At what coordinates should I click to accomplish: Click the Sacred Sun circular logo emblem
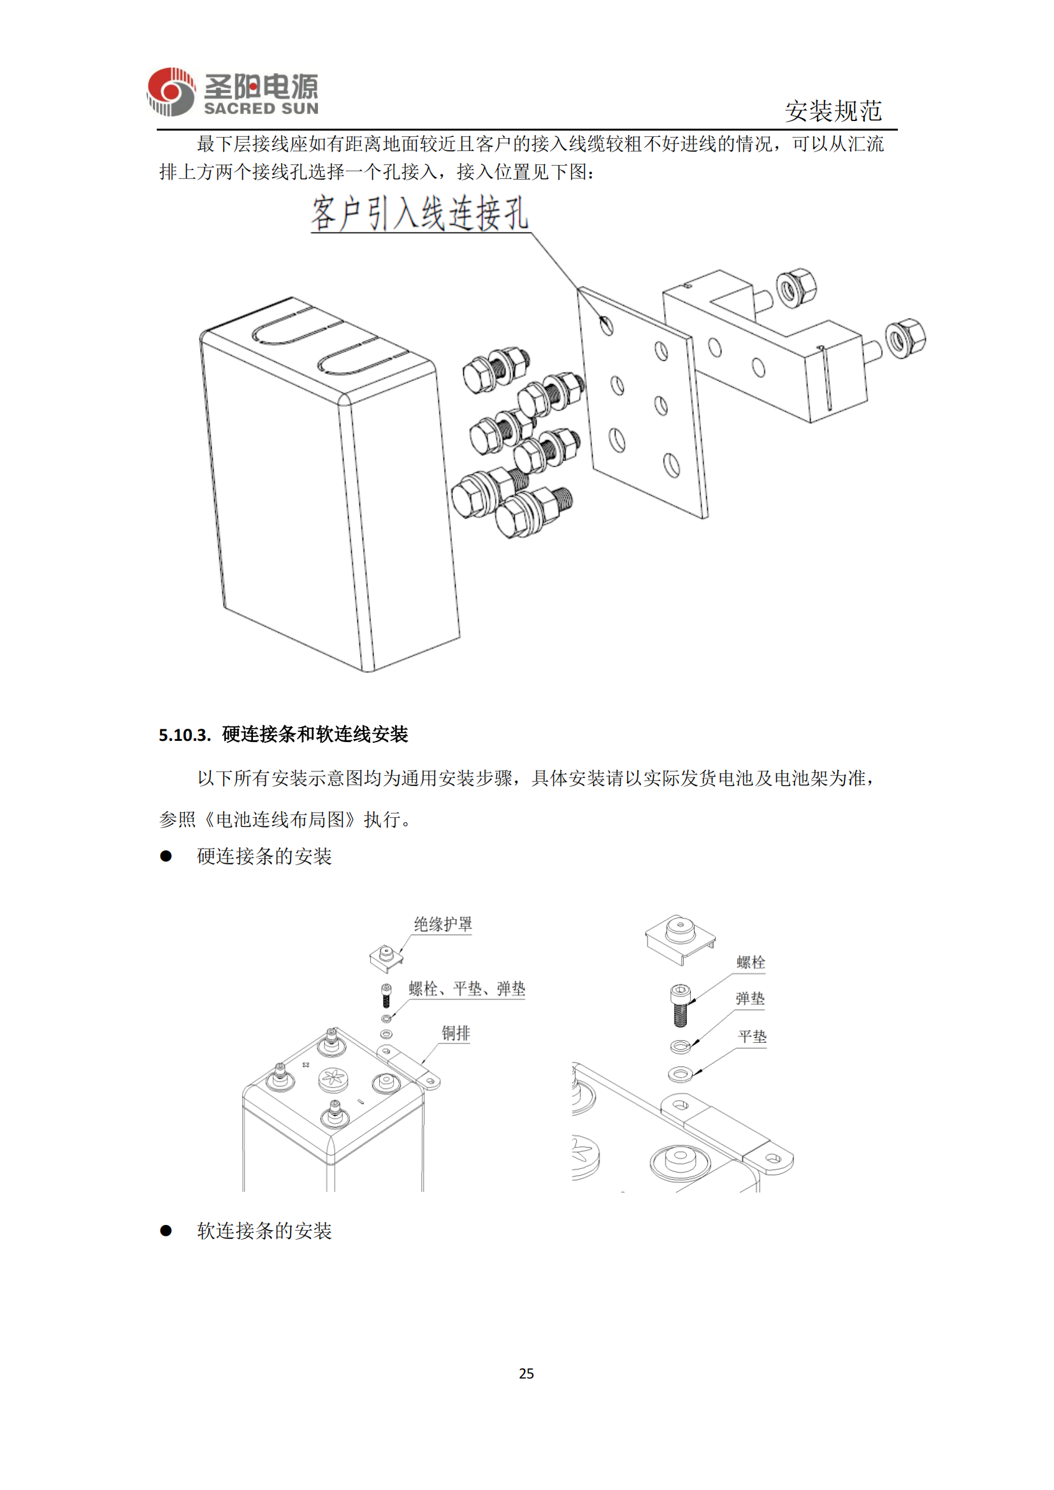171,92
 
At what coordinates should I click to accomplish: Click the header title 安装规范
834,111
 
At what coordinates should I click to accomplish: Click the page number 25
526,1373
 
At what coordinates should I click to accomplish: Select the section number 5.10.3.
184,735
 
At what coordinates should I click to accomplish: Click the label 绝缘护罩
444,924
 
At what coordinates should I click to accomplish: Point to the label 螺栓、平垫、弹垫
466,989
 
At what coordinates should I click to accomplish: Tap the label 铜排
456,1033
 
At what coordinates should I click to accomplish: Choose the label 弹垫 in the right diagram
750,999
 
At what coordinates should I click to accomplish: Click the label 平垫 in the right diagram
752,1037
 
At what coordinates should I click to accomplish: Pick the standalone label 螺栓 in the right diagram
751,963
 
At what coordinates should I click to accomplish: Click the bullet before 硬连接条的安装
166,857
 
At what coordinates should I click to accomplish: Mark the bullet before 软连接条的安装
166,1231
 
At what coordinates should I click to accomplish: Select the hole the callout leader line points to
606,324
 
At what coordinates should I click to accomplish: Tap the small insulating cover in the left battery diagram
386,957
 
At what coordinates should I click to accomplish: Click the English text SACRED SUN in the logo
261,109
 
